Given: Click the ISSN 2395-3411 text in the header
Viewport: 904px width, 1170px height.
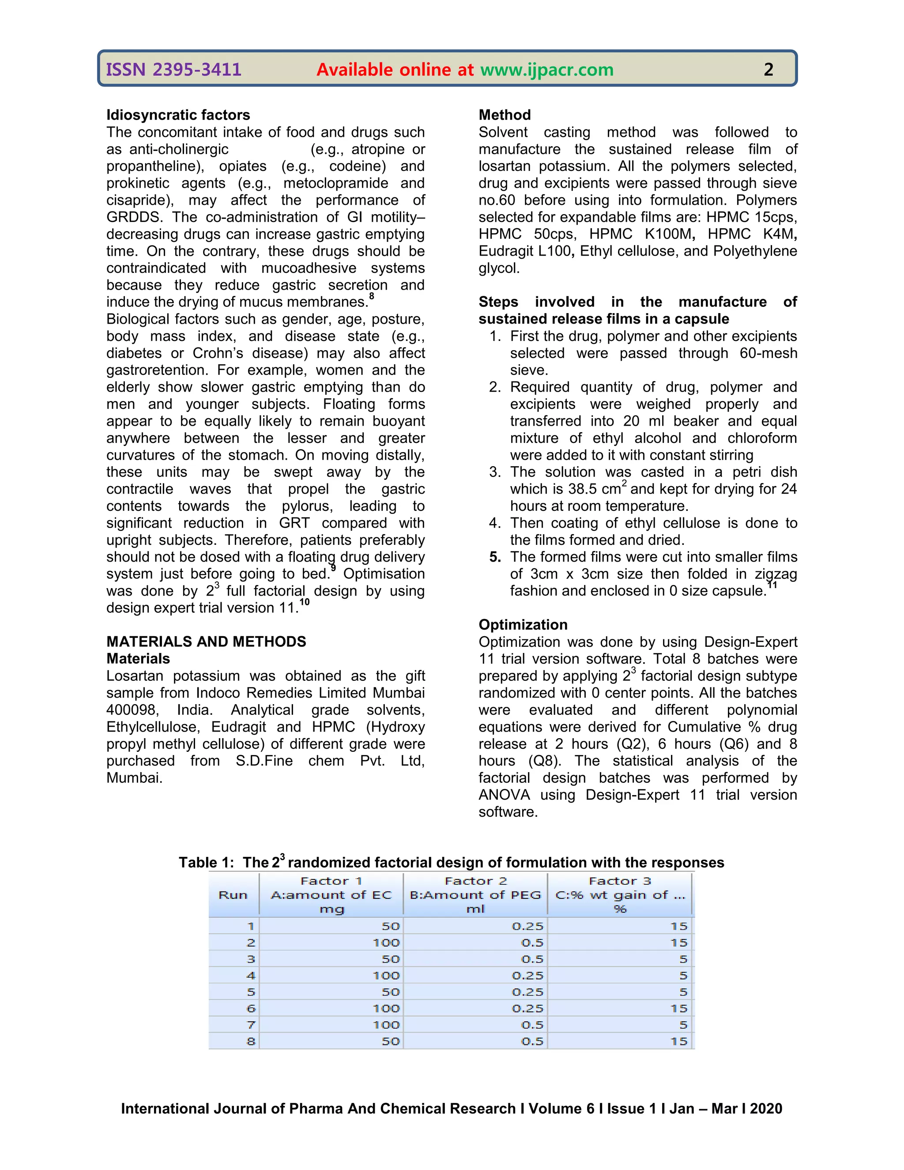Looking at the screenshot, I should pyautogui.click(x=173, y=70).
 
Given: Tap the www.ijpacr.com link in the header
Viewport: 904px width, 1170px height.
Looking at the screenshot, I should pyautogui.click(x=547, y=70).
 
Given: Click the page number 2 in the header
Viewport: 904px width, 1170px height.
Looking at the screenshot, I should pyautogui.click(x=768, y=70).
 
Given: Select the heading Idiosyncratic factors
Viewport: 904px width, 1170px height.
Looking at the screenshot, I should pyautogui.click(x=178, y=115).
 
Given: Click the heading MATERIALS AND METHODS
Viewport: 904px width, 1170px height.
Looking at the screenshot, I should pyautogui.click(x=206, y=641).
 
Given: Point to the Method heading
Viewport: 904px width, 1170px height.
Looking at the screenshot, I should pyautogui.click(x=505, y=115).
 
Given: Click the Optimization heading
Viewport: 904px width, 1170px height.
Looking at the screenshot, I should pyautogui.click(x=523, y=625).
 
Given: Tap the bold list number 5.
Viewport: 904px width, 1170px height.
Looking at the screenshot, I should pyautogui.click(x=495, y=557).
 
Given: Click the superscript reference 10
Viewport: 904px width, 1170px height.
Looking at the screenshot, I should pyautogui.click(x=304, y=602).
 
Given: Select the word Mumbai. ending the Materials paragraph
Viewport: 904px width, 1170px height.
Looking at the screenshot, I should pyautogui.click(x=134, y=778).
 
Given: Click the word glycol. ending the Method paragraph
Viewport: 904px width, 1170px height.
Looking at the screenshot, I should pyautogui.click(x=499, y=268).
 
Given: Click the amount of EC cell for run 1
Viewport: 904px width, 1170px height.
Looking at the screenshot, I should pyautogui.click(x=390, y=926).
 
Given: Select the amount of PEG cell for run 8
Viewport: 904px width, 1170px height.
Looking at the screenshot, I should pyautogui.click(x=532, y=1042).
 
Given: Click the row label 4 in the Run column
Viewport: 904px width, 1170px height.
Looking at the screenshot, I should pyautogui.click(x=251, y=976).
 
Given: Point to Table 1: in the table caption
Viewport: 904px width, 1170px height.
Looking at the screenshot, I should pyautogui.click(x=206, y=863).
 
